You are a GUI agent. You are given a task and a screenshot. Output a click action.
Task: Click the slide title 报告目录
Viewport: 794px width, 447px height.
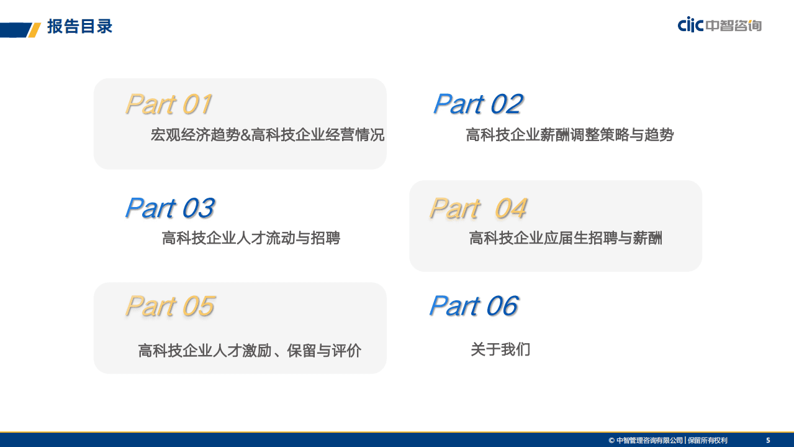(79, 27)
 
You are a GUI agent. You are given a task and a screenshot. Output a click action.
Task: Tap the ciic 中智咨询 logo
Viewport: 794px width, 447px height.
(720, 25)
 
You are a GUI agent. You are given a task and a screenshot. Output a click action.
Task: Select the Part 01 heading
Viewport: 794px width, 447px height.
(169, 104)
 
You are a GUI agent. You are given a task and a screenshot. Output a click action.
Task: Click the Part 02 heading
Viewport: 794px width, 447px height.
(478, 104)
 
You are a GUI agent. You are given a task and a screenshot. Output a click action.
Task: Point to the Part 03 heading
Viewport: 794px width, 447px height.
(169, 208)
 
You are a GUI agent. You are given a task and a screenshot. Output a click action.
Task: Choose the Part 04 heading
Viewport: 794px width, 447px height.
(478, 208)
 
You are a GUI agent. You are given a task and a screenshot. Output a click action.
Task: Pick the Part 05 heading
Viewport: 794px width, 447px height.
(169, 306)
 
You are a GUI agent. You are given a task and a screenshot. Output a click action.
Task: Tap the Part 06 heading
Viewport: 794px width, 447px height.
(473, 306)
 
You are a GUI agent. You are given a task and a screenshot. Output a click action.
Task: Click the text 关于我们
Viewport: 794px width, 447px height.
(500, 349)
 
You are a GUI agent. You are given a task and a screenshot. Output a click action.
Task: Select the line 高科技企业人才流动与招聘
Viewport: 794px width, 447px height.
(251, 238)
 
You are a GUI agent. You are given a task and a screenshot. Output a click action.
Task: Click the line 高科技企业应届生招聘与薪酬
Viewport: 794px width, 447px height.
(566, 238)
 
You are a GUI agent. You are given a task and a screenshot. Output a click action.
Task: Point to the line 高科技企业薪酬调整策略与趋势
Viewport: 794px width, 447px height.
(569, 135)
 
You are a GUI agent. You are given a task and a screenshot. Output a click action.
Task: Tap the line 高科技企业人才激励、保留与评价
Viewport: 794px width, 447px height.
(250, 351)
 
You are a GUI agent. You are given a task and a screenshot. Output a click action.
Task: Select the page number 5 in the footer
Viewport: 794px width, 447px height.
(768, 440)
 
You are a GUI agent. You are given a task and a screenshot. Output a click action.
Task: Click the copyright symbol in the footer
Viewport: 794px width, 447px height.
(611, 440)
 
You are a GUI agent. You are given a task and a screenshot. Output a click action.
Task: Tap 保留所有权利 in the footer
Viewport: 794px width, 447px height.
(708, 440)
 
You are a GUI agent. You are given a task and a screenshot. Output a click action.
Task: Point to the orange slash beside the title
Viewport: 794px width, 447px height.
(35, 29)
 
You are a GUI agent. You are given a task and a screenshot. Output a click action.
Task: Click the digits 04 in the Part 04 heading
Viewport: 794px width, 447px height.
(510, 208)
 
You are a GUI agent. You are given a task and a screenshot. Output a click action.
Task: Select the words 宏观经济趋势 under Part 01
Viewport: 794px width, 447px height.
(195, 135)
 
